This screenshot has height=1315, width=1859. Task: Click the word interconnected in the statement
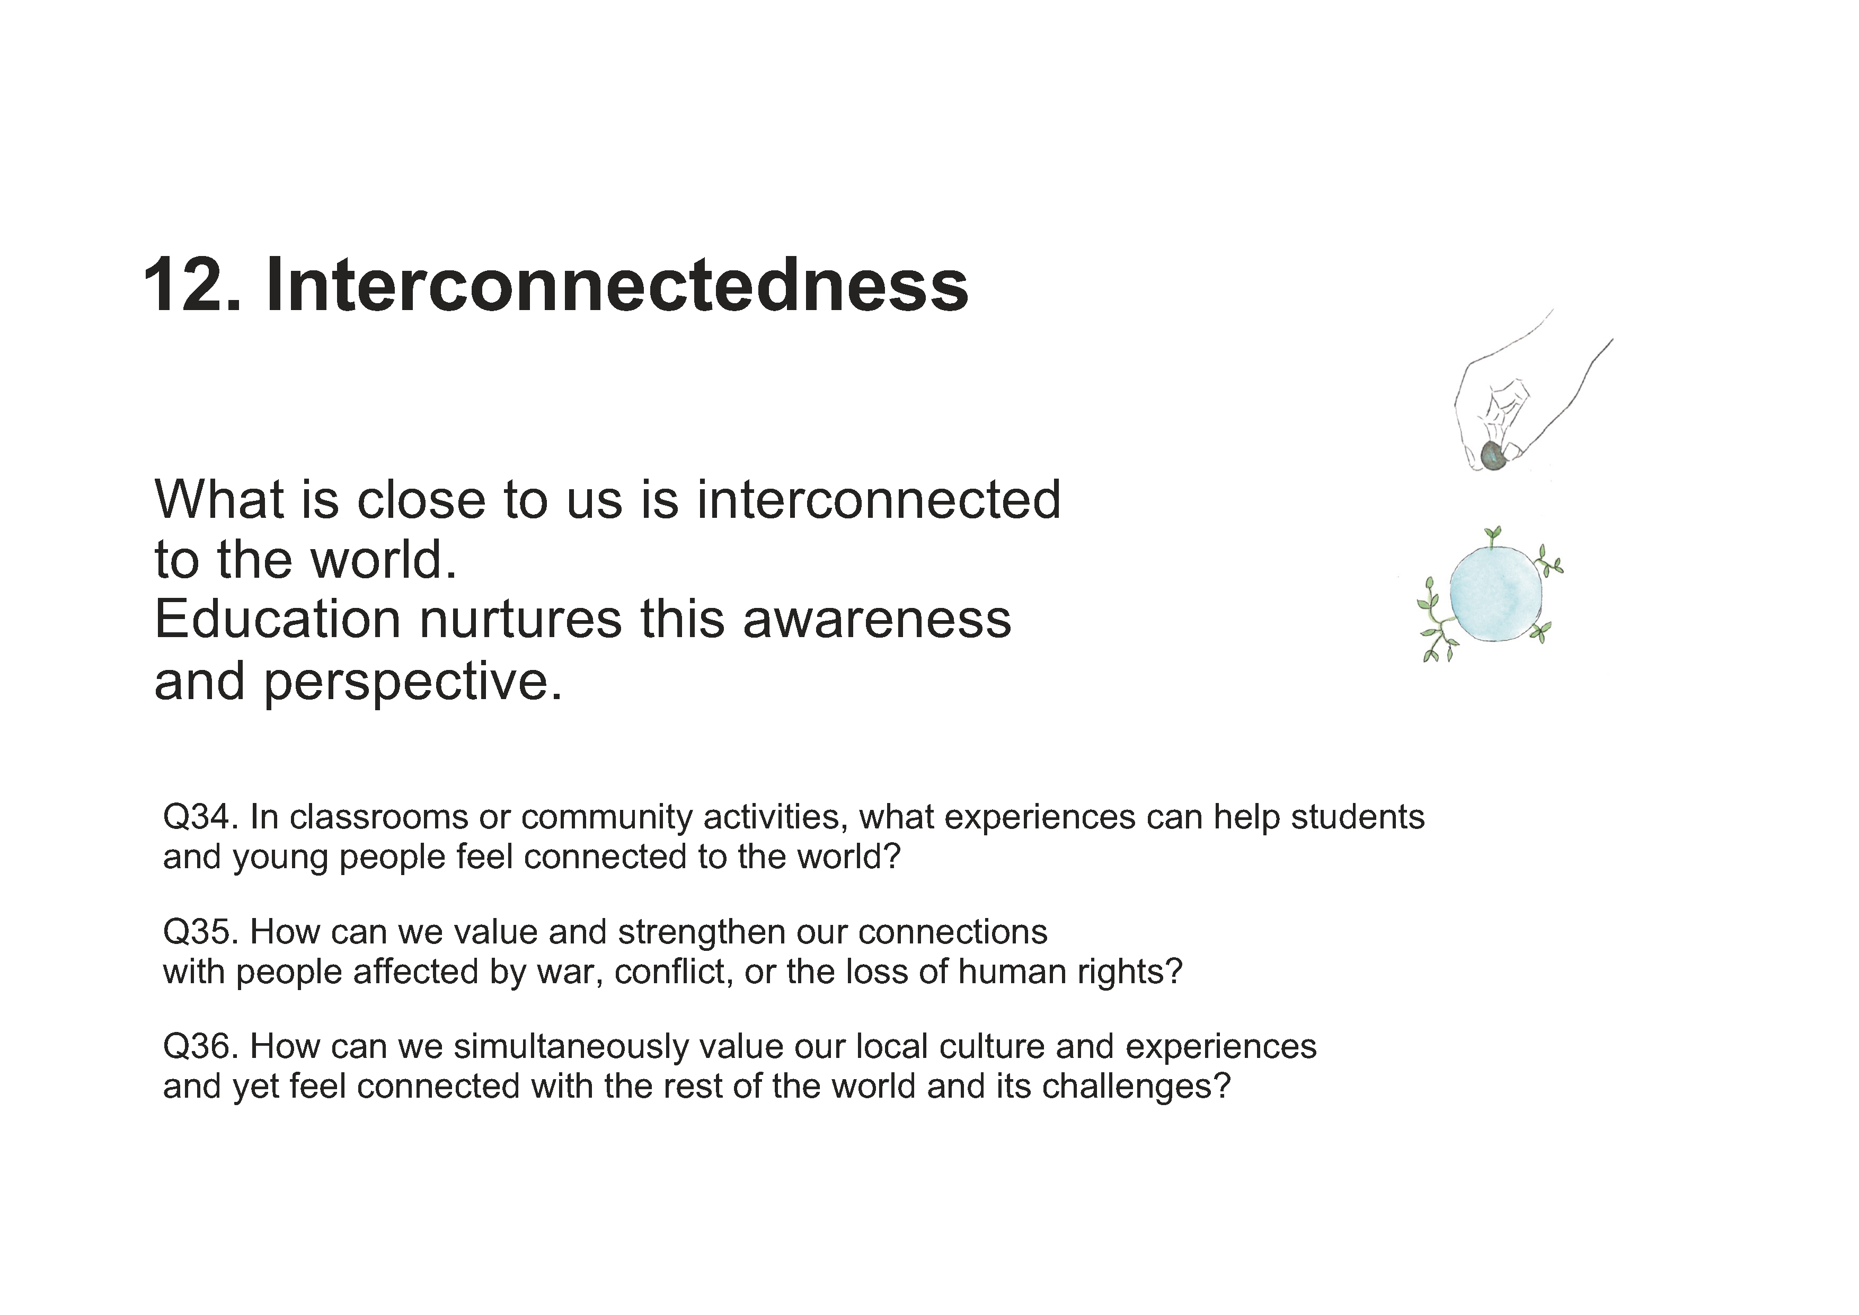pyautogui.click(x=879, y=500)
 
